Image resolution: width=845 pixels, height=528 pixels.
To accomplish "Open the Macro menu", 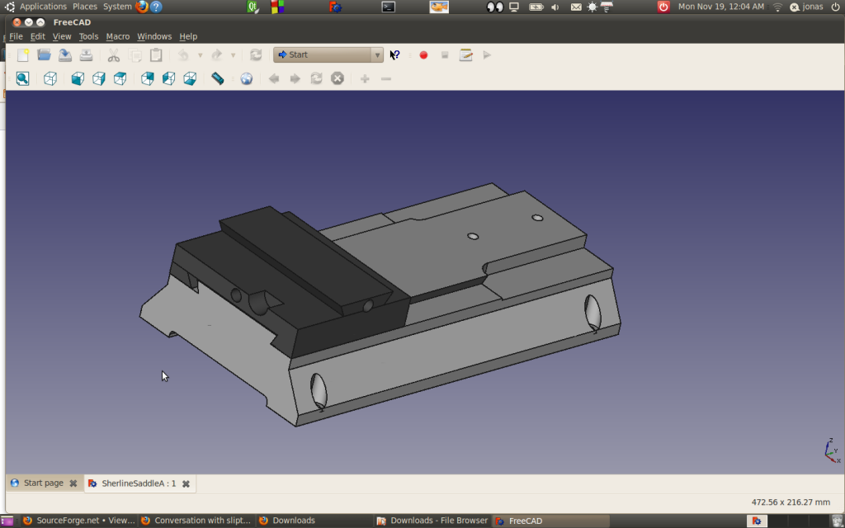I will pyautogui.click(x=117, y=36).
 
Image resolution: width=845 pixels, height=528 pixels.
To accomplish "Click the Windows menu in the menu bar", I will pyautogui.click(x=154, y=36).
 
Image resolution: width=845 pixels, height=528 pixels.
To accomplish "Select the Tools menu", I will pyautogui.click(x=88, y=36).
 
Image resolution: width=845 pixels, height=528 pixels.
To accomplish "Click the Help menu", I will pyautogui.click(x=188, y=36).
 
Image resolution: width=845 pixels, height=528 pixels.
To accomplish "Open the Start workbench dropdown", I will pyautogui.click(x=328, y=55).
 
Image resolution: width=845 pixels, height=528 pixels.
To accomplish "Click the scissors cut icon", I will pyautogui.click(x=114, y=55).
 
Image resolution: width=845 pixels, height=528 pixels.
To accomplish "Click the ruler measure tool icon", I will pyautogui.click(x=218, y=78).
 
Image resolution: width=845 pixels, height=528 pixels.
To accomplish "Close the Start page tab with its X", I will pyautogui.click(x=73, y=483).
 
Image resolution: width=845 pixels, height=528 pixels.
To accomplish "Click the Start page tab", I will pyautogui.click(x=43, y=483).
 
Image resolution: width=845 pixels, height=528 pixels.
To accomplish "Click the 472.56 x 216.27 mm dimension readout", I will pyautogui.click(x=790, y=502).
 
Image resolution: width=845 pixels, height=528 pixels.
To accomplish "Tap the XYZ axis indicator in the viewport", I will pyautogui.click(x=832, y=450).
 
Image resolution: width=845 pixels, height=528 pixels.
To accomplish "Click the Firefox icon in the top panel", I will pyautogui.click(x=141, y=7).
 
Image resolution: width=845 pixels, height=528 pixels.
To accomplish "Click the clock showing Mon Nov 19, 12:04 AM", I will pyautogui.click(x=720, y=7).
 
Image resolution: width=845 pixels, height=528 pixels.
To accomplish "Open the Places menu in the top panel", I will pyautogui.click(x=85, y=7).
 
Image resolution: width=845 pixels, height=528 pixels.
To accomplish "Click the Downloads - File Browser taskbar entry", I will pyautogui.click(x=432, y=521).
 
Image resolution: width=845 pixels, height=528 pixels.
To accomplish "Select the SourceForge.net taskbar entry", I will pyautogui.click(x=78, y=521).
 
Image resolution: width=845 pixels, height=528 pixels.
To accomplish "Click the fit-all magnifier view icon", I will pyautogui.click(x=22, y=78).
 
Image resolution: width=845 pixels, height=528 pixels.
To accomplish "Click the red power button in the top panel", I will pyautogui.click(x=663, y=7).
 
